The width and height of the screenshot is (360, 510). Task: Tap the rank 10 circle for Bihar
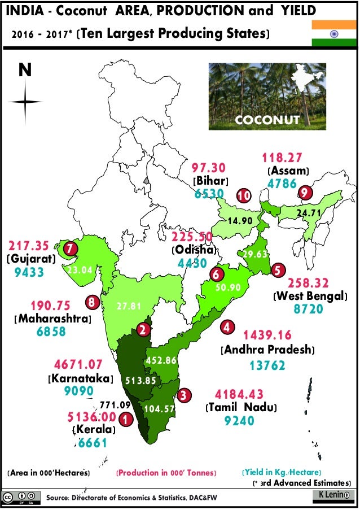click(x=244, y=195)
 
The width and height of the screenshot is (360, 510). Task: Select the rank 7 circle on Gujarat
click(x=70, y=248)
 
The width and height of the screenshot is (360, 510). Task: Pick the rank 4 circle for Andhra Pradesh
click(x=227, y=327)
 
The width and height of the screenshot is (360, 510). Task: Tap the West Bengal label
click(x=310, y=295)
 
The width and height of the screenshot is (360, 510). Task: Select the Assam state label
click(x=288, y=170)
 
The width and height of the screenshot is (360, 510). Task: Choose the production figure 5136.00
click(x=91, y=416)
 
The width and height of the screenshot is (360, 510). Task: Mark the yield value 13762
click(x=267, y=365)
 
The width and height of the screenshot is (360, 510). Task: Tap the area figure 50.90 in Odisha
click(x=228, y=287)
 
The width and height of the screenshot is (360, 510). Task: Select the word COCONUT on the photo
click(x=267, y=120)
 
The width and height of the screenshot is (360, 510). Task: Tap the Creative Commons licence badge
click(x=21, y=498)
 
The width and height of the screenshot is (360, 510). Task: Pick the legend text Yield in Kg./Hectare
click(x=282, y=472)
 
